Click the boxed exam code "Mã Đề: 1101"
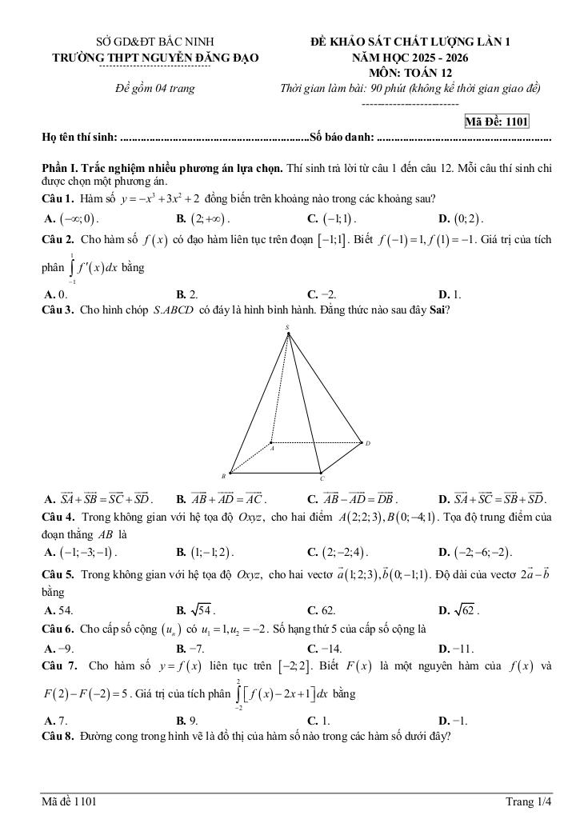pyautogui.click(x=497, y=122)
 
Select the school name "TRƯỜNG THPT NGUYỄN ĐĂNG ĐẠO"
pyautogui.click(x=155, y=58)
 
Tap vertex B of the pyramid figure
pyautogui.click(x=230, y=472)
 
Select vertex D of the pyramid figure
pyautogui.click(x=362, y=442)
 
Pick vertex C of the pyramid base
pyautogui.click(x=319, y=473)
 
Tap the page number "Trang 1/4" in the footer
pyautogui.click(x=529, y=801)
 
